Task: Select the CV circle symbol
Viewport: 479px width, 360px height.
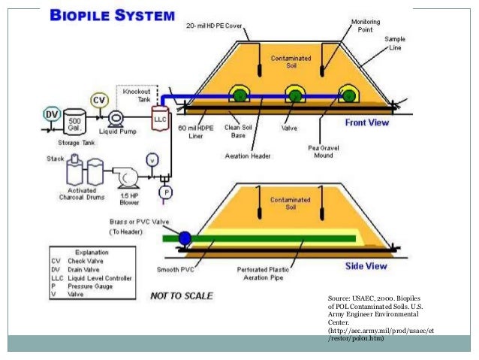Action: [99, 100]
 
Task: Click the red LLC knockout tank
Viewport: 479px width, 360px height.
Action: [159, 120]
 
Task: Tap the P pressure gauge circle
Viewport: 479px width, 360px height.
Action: [167, 192]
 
